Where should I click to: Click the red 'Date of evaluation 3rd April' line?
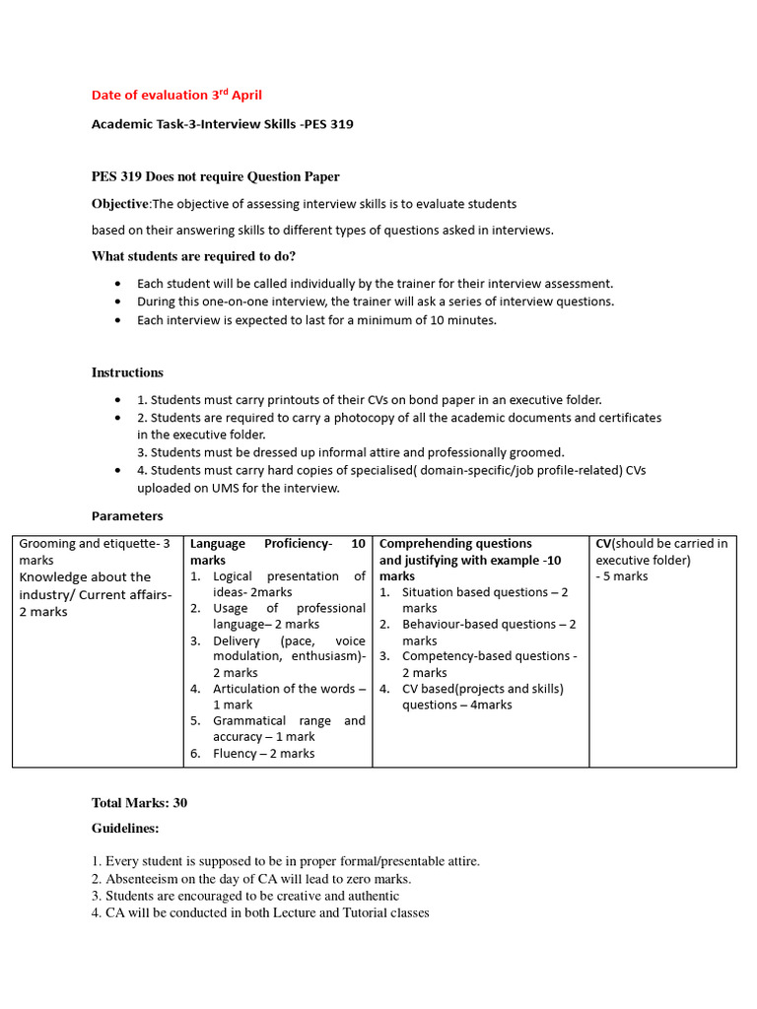[x=177, y=96]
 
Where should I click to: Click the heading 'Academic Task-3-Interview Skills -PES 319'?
[x=222, y=124]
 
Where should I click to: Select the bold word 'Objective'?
[x=119, y=203]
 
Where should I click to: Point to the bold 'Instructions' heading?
[x=127, y=372]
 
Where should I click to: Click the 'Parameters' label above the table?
[x=127, y=515]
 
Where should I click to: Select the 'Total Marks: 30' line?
[x=139, y=803]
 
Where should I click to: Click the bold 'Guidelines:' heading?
[x=125, y=829]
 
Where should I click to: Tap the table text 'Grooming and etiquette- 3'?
[x=95, y=544]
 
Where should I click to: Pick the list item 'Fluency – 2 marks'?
[x=263, y=753]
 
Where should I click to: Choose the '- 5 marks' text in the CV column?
[x=622, y=576]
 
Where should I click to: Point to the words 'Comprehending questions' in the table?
[x=455, y=544]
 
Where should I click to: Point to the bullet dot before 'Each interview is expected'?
[x=118, y=321]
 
